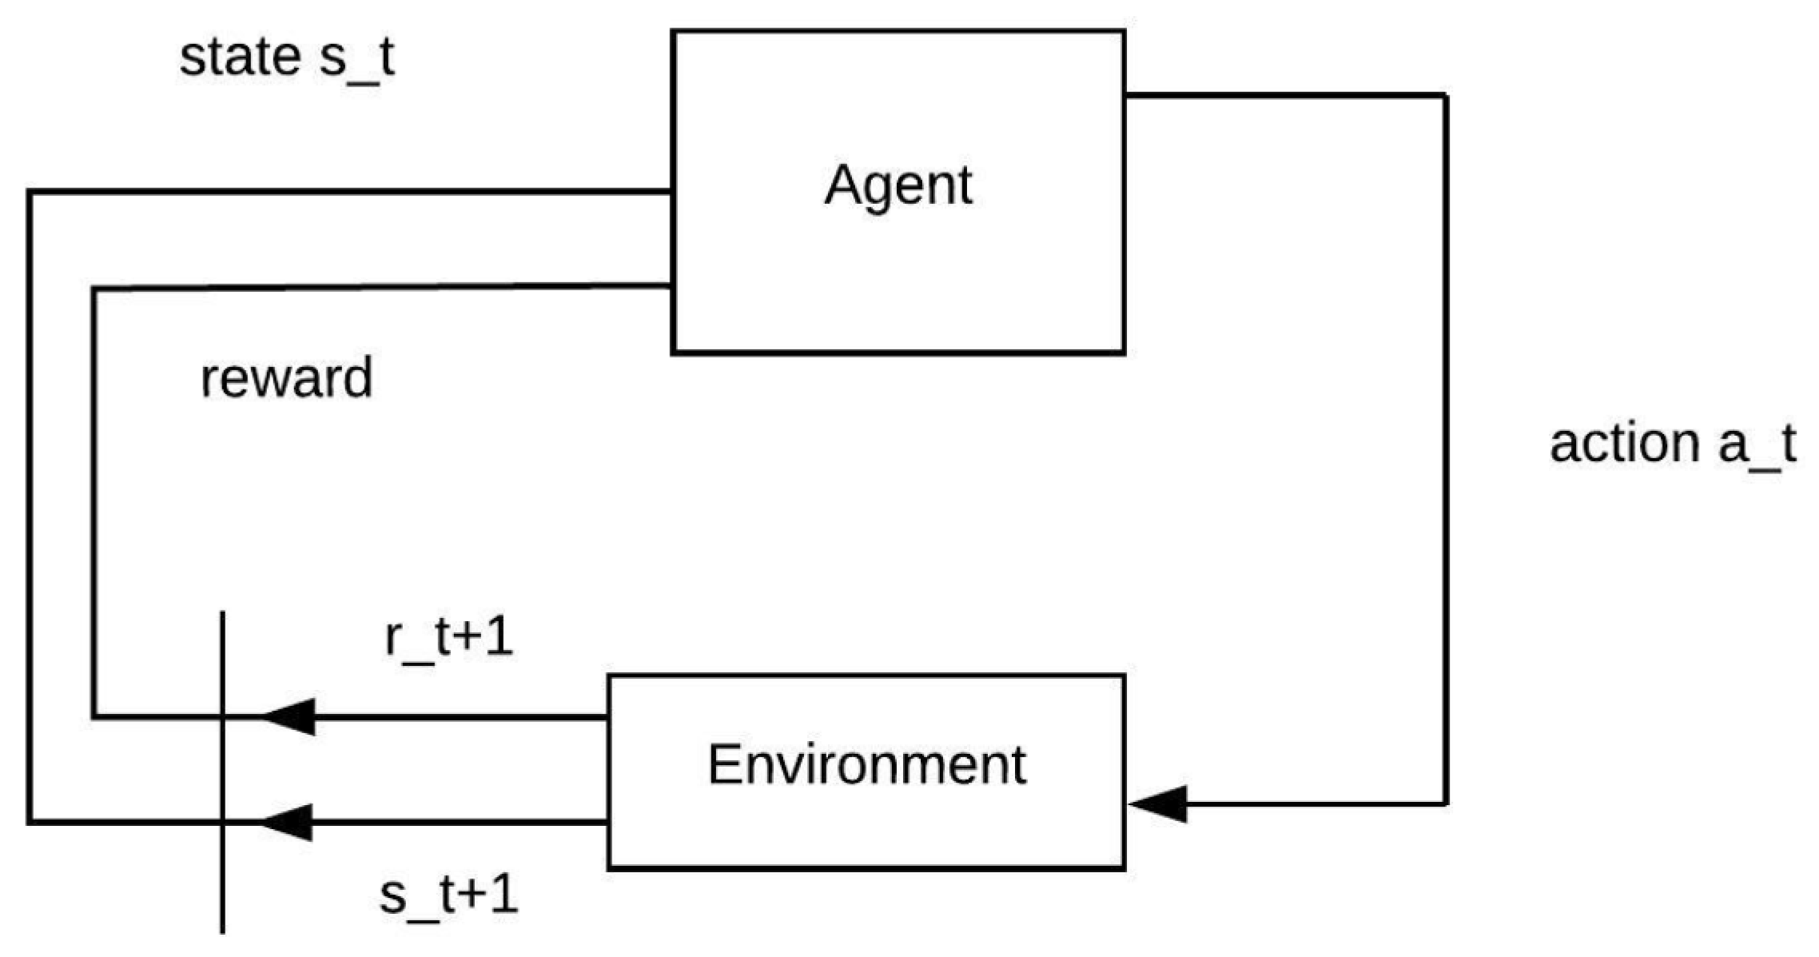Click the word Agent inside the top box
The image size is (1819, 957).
898,185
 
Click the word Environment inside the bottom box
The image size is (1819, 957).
866,765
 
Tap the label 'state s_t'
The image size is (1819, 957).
286,58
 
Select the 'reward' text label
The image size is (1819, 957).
286,378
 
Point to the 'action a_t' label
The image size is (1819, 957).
1672,444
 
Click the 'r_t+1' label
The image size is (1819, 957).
448,637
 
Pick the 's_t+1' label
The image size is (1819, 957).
448,895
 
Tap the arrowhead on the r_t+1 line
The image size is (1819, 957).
289,716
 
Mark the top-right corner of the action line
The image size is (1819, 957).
1446,97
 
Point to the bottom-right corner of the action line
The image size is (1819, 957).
1446,803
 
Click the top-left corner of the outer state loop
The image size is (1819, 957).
30,192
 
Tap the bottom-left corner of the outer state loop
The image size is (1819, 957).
30,822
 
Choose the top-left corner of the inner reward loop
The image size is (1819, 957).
94,289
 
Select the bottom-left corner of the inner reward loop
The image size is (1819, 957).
94,716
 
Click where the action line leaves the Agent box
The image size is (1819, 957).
1125,96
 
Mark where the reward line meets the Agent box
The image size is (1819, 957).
671,285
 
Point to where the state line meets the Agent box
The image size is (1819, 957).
671,192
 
